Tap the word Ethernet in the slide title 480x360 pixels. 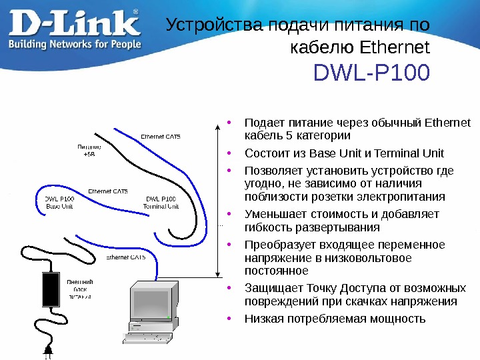(x=395, y=48)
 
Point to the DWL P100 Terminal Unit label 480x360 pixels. (x=161, y=203)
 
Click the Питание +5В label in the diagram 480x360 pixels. (x=89, y=150)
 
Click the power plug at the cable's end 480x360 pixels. (x=47, y=349)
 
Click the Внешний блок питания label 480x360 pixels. (x=79, y=289)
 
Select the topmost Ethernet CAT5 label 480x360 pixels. (x=160, y=137)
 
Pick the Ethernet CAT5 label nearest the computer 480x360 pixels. (x=126, y=257)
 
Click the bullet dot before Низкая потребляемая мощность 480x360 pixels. (x=229, y=317)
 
